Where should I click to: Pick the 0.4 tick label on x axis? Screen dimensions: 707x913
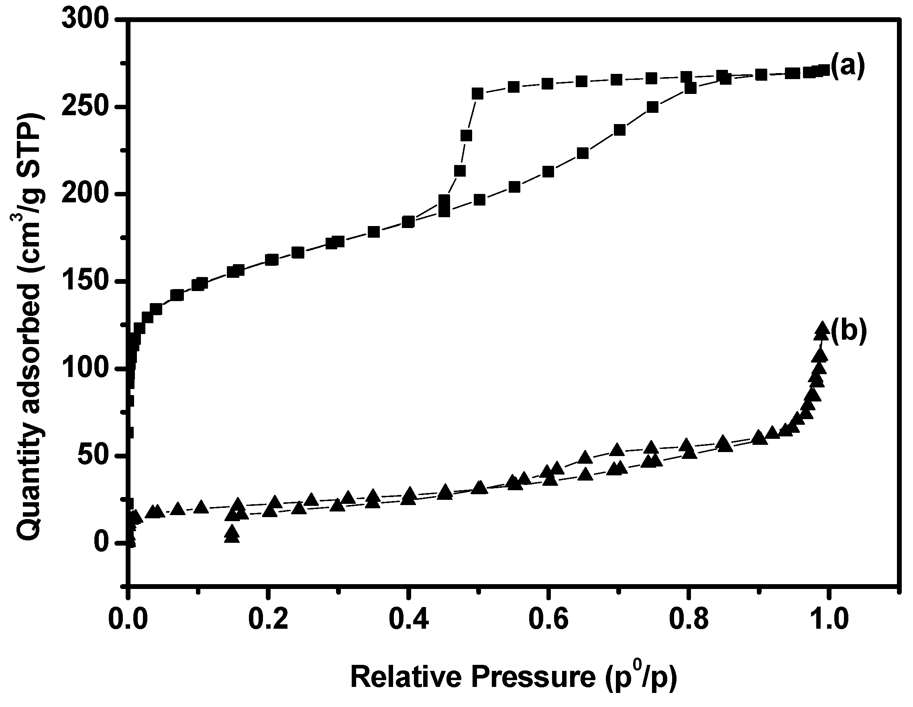(409, 620)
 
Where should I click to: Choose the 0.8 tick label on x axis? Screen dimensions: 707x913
(689, 620)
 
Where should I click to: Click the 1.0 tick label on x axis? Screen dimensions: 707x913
(828, 620)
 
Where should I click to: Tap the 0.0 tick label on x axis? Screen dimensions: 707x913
(128, 620)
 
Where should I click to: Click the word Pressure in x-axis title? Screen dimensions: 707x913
(534, 677)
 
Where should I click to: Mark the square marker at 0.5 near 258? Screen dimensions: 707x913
(477, 94)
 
